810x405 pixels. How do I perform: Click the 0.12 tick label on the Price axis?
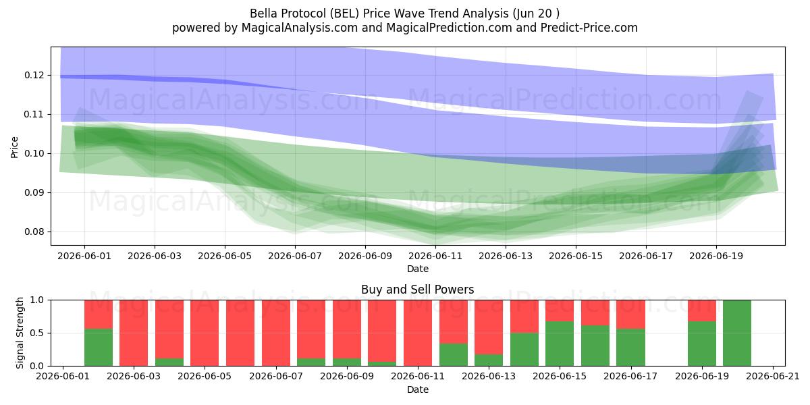34,75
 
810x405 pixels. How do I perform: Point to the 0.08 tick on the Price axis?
34,232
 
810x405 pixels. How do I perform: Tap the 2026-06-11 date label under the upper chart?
435,256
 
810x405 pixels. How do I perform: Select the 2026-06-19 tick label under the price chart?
716,256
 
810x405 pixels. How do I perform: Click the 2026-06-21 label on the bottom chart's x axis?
773,377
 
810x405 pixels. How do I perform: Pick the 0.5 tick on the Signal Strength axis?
38,333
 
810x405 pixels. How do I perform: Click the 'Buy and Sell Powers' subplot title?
418,290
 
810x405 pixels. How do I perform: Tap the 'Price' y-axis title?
14,147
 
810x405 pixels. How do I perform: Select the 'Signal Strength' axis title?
20,333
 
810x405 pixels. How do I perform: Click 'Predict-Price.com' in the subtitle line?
589,28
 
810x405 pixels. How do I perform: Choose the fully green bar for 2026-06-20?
737,333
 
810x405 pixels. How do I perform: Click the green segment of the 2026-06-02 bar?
99,347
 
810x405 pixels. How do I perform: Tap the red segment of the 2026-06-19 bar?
702,310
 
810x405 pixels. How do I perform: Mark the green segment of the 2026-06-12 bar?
454,355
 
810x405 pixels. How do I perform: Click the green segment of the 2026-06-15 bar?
560,344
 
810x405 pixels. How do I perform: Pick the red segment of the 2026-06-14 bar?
524,317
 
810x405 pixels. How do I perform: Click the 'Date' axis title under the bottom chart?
418,390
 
